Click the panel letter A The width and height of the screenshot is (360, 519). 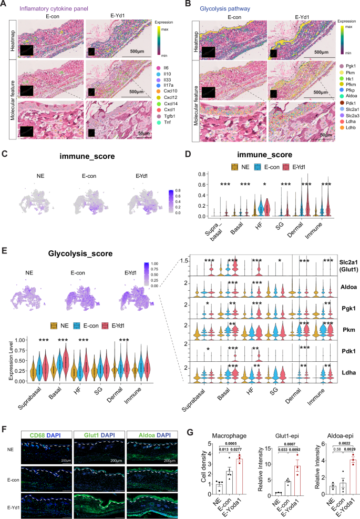tap(5, 5)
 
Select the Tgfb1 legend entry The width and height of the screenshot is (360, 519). tap(167, 129)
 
